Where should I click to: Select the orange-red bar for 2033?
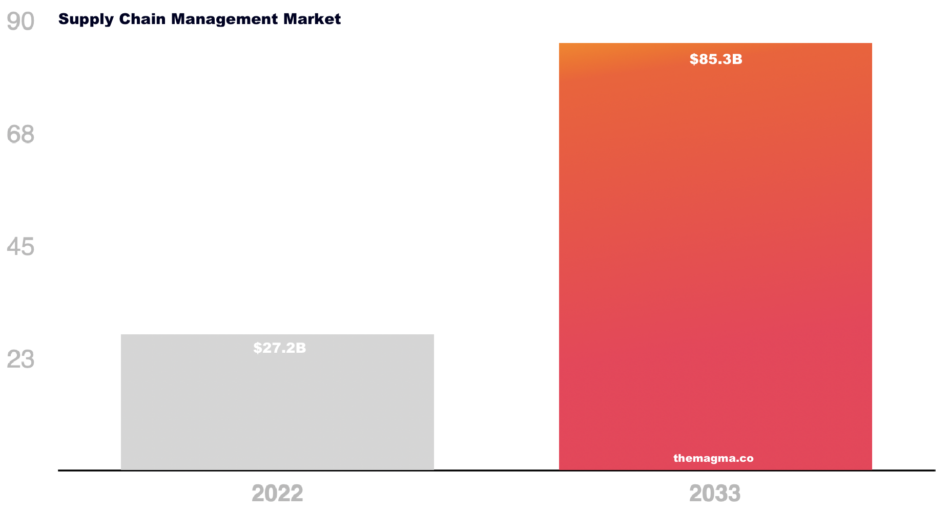coord(715,256)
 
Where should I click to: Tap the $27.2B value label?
coord(279,348)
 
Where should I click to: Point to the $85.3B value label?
coord(716,59)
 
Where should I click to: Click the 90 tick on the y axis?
coord(20,22)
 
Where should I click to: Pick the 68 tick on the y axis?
coord(20,135)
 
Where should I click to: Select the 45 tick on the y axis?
coord(20,247)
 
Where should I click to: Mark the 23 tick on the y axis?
coord(20,359)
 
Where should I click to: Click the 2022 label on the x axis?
coord(277,494)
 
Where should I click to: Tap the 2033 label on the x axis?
coord(715,494)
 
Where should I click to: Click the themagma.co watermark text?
coord(713,458)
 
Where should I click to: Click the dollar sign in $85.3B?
coord(693,59)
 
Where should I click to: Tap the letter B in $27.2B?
coord(301,348)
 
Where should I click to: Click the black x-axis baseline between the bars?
coord(496,470)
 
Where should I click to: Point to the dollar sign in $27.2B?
coord(257,348)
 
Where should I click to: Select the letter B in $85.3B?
coord(737,59)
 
